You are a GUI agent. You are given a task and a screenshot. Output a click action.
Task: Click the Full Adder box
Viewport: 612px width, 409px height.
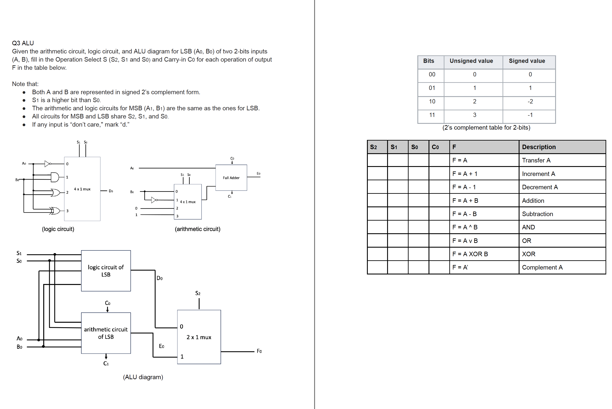(x=231, y=178)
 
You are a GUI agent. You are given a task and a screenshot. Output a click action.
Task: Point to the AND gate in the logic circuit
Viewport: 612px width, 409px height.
(x=55, y=177)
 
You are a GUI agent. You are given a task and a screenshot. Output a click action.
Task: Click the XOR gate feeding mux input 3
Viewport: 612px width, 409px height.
(x=55, y=211)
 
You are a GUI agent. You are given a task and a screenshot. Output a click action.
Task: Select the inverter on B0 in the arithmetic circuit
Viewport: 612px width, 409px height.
(x=154, y=200)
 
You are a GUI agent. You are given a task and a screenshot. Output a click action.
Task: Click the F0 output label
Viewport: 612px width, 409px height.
(x=259, y=351)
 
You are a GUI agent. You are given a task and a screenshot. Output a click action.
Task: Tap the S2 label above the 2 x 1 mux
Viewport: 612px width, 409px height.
(x=198, y=293)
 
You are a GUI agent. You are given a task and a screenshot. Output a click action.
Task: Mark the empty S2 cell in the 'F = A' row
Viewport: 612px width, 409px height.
(x=377, y=160)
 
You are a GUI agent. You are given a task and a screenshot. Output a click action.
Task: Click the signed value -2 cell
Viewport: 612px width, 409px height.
(x=530, y=101)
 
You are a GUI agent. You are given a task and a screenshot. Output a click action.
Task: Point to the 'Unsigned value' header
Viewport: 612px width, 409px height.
(x=471, y=61)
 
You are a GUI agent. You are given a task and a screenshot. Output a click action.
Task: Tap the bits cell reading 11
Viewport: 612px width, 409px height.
(x=432, y=115)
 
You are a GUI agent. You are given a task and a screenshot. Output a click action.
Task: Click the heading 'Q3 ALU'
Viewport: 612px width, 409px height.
(x=23, y=43)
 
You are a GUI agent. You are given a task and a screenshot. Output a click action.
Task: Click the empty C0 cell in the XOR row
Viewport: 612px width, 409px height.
(x=439, y=254)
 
